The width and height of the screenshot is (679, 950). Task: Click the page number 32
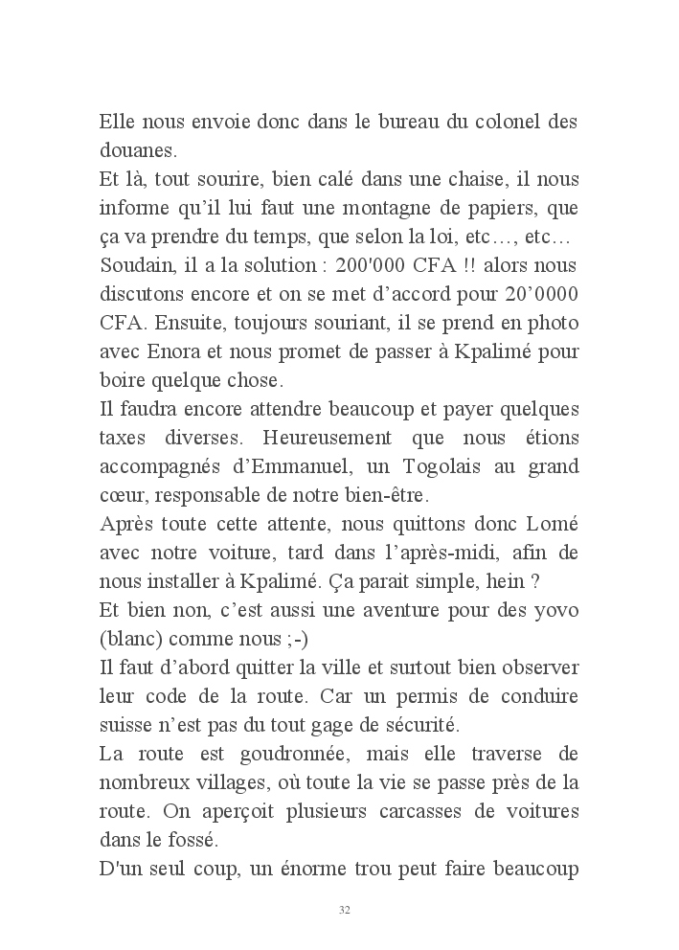click(344, 909)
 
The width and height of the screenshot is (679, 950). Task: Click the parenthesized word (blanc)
click(131, 639)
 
